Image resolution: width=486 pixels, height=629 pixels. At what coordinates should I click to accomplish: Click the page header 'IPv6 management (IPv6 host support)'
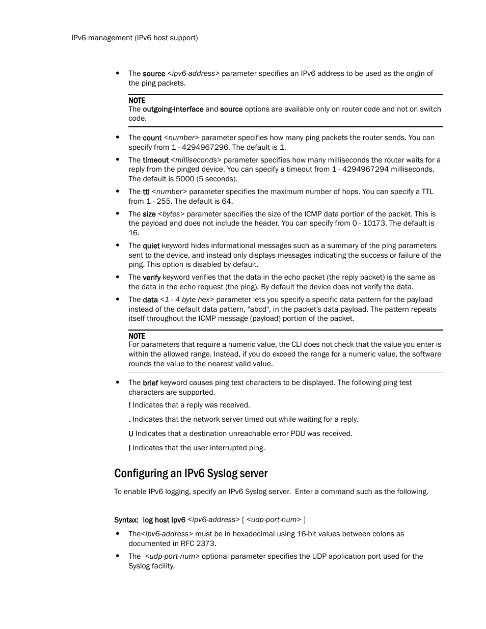134,38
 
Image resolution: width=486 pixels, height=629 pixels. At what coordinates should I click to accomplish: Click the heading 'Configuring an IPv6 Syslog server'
191,473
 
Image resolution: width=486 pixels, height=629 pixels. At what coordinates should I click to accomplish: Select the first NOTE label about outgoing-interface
137,100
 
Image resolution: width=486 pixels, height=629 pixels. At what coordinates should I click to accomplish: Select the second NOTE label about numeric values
137,336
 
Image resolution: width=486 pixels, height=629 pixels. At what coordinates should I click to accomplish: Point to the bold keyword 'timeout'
155,160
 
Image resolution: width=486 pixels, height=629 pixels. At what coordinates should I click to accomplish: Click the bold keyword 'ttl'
146,192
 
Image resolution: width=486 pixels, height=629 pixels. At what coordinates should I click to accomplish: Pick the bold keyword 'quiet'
151,245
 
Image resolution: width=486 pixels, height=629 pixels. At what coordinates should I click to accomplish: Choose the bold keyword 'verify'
151,278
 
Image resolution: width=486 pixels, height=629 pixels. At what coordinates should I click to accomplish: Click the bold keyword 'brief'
150,383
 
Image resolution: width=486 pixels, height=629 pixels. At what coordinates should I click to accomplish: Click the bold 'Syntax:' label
126,520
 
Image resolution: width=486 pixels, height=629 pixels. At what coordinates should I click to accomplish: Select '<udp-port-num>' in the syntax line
274,519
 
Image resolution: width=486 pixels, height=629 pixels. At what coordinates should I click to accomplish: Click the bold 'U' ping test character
131,434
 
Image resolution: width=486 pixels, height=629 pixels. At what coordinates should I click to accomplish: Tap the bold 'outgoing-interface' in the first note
173,109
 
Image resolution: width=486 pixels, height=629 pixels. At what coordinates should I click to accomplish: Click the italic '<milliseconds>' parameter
196,160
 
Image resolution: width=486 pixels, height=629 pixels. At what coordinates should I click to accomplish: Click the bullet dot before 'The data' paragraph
118,299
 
